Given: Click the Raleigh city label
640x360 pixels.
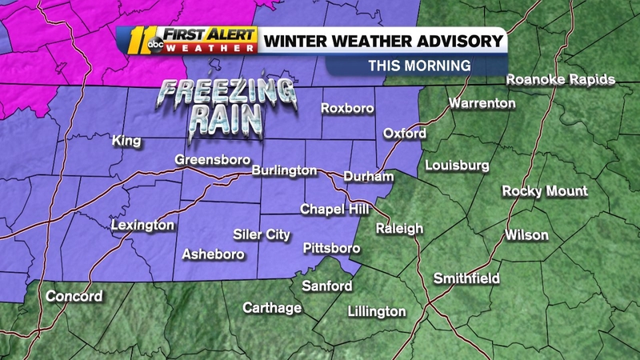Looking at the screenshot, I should tap(399, 229).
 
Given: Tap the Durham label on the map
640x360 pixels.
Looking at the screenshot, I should tap(368, 176).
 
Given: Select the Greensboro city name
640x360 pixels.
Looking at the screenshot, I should tap(208, 161).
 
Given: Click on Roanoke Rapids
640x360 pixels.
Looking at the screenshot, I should tap(561, 79).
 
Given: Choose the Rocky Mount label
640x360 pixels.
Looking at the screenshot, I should tap(545, 191).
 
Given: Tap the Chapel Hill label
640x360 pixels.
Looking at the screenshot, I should tap(334, 209).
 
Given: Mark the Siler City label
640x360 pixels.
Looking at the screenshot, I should tap(262, 234).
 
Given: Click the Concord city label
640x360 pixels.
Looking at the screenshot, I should tap(74, 296).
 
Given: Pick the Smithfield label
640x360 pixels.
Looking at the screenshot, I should tap(466, 278).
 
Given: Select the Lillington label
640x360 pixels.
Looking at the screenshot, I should tap(377, 311).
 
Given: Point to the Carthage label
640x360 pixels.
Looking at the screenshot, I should tap(272, 307).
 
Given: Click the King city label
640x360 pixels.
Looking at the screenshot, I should tap(126, 142).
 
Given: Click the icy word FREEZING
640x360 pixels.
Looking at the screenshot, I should tap(211, 93).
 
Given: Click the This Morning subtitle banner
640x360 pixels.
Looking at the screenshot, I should tap(418, 66).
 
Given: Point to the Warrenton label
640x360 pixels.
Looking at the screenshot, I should tap(481, 103).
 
